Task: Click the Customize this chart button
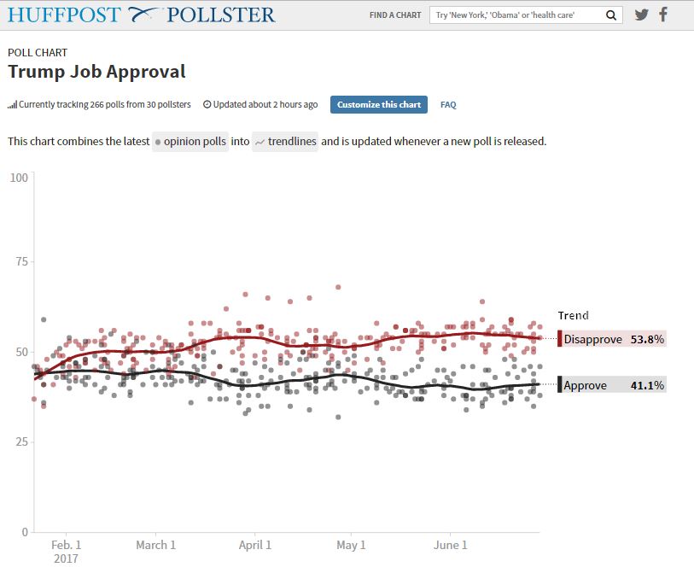(379, 104)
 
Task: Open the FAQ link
(448, 105)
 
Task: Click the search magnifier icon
(610, 15)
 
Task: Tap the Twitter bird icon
(642, 15)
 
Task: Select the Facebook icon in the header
(663, 15)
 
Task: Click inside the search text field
(516, 15)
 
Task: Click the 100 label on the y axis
(19, 178)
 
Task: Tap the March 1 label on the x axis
(155, 545)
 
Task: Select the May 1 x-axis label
(351, 545)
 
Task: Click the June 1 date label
(451, 545)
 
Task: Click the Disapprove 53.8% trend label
(613, 339)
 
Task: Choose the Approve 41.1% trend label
(613, 385)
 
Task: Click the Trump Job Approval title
(96, 72)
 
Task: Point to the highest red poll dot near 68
(338, 287)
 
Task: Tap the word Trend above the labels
(573, 315)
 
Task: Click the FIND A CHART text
(394, 15)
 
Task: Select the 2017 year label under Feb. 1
(66, 558)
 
